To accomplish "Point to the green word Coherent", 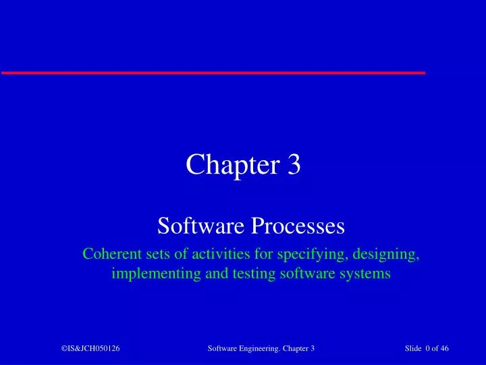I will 109,255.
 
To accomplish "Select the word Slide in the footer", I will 413,348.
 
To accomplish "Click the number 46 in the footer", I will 444,348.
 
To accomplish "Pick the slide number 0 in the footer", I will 429,348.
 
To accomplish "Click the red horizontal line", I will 213,72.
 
